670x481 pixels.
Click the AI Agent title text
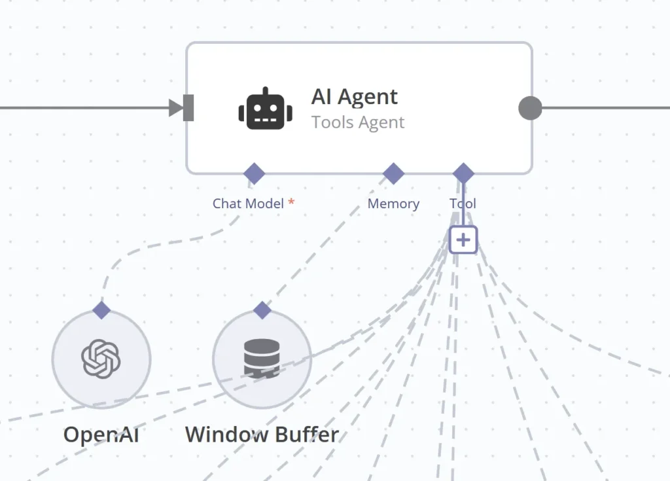coord(354,97)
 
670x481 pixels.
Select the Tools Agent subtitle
coord(358,122)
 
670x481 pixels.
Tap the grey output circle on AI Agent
coord(530,108)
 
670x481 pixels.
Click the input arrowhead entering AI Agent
coord(176,108)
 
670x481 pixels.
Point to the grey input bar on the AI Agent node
coord(188,108)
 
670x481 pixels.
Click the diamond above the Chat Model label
coord(254,174)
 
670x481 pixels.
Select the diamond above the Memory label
coord(393,174)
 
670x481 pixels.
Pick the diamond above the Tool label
coord(463,174)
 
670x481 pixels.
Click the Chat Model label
coord(248,204)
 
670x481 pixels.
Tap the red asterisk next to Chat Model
coord(291,203)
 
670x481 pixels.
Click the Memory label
coord(393,204)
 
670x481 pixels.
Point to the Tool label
coord(463,204)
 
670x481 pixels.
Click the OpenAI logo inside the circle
coord(101,359)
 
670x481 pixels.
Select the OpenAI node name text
coord(101,435)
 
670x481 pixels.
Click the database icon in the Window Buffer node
coord(262,359)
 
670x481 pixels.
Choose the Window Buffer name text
coord(262,435)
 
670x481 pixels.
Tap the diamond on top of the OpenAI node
coord(101,310)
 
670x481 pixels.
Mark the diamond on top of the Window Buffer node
coord(262,310)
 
